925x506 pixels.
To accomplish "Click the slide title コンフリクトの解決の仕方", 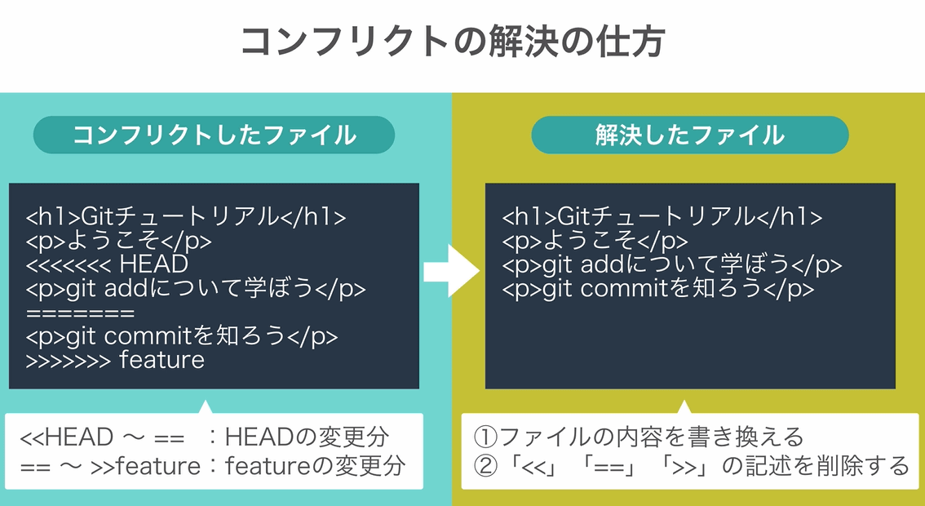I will click(x=453, y=42).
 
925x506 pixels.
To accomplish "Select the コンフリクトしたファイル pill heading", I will click(x=214, y=135).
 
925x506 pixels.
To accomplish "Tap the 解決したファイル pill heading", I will click(x=689, y=135).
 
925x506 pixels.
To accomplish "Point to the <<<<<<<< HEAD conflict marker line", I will click(x=107, y=264).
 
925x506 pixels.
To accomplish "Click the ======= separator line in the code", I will click(x=80, y=313).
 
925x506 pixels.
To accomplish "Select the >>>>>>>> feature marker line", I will click(x=115, y=360).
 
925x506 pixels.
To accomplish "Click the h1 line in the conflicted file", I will click(x=186, y=217).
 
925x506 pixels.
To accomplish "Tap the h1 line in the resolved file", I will click(x=662, y=217).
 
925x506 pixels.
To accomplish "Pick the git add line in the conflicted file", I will click(x=196, y=289).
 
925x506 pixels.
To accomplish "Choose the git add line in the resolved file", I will click(x=671, y=265).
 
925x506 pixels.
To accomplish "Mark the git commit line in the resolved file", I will click(x=657, y=289).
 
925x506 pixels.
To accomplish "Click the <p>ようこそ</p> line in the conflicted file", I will click(x=119, y=241).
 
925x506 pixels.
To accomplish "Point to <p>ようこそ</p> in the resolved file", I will click(x=595, y=241).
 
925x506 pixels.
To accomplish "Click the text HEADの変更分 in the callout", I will click(x=307, y=437).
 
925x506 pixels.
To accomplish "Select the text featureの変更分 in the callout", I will click(x=314, y=466).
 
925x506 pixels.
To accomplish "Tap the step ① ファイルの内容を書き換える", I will click(x=639, y=437).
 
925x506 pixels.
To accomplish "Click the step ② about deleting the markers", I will click(x=691, y=466).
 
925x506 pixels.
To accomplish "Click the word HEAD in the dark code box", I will click(x=153, y=264).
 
